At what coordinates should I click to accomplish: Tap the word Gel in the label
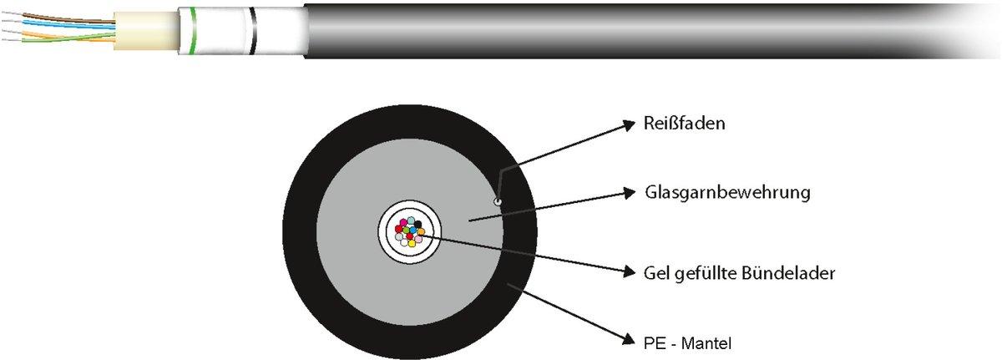click(x=656, y=272)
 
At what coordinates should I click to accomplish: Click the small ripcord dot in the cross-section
click(x=498, y=201)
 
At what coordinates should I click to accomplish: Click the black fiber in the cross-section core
click(x=417, y=224)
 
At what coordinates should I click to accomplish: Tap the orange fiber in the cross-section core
click(x=421, y=231)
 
